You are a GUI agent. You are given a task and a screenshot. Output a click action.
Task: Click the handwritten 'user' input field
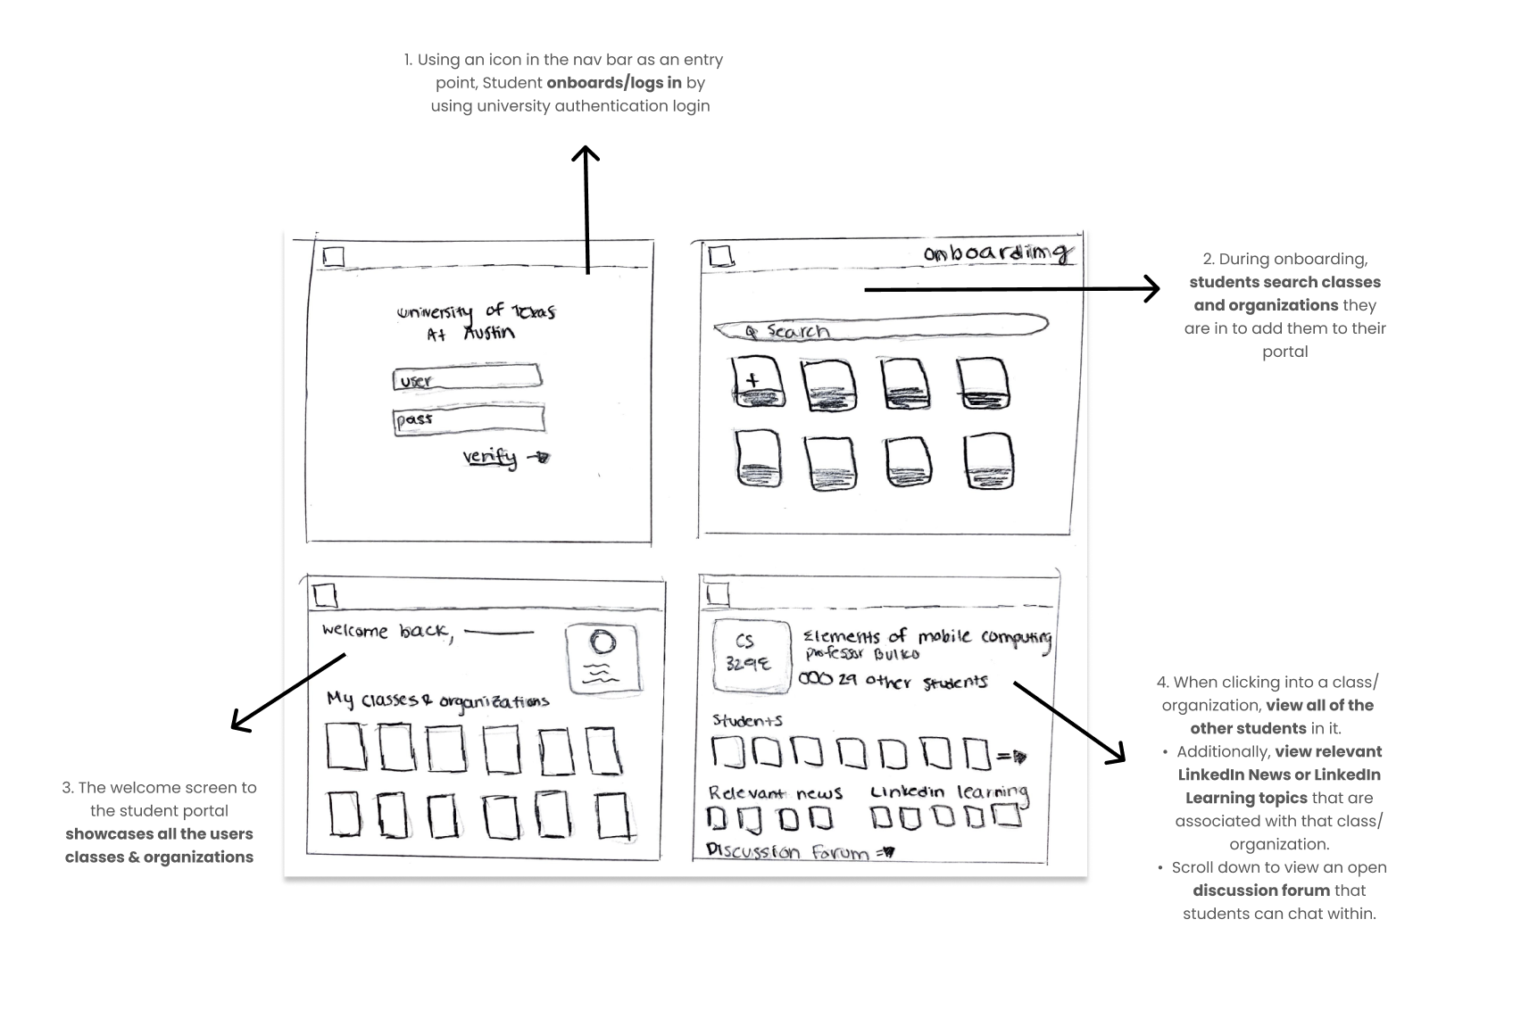click(467, 378)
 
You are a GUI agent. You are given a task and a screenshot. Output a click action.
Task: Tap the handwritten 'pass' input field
click(469, 419)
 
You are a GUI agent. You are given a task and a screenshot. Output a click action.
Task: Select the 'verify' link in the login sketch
click(490, 457)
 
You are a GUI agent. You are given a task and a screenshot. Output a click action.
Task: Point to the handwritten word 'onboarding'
click(998, 253)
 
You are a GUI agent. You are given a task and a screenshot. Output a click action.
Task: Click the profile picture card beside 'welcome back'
click(603, 659)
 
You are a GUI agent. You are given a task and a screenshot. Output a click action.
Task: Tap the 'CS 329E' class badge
click(751, 655)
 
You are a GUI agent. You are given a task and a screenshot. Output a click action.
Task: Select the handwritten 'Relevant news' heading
click(775, 792)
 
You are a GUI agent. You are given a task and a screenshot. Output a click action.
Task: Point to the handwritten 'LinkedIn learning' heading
click(949, 791)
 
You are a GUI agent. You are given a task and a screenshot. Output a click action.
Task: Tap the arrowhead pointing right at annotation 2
click(1153, 288)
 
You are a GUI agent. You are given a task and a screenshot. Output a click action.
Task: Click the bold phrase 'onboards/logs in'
click(614, 83)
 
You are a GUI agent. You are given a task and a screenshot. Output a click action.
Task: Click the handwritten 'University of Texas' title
click(476, 311)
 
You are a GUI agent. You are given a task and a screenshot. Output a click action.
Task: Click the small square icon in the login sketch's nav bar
click(333, 257)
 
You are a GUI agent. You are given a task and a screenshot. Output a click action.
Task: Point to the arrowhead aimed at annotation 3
click(238, 724)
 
